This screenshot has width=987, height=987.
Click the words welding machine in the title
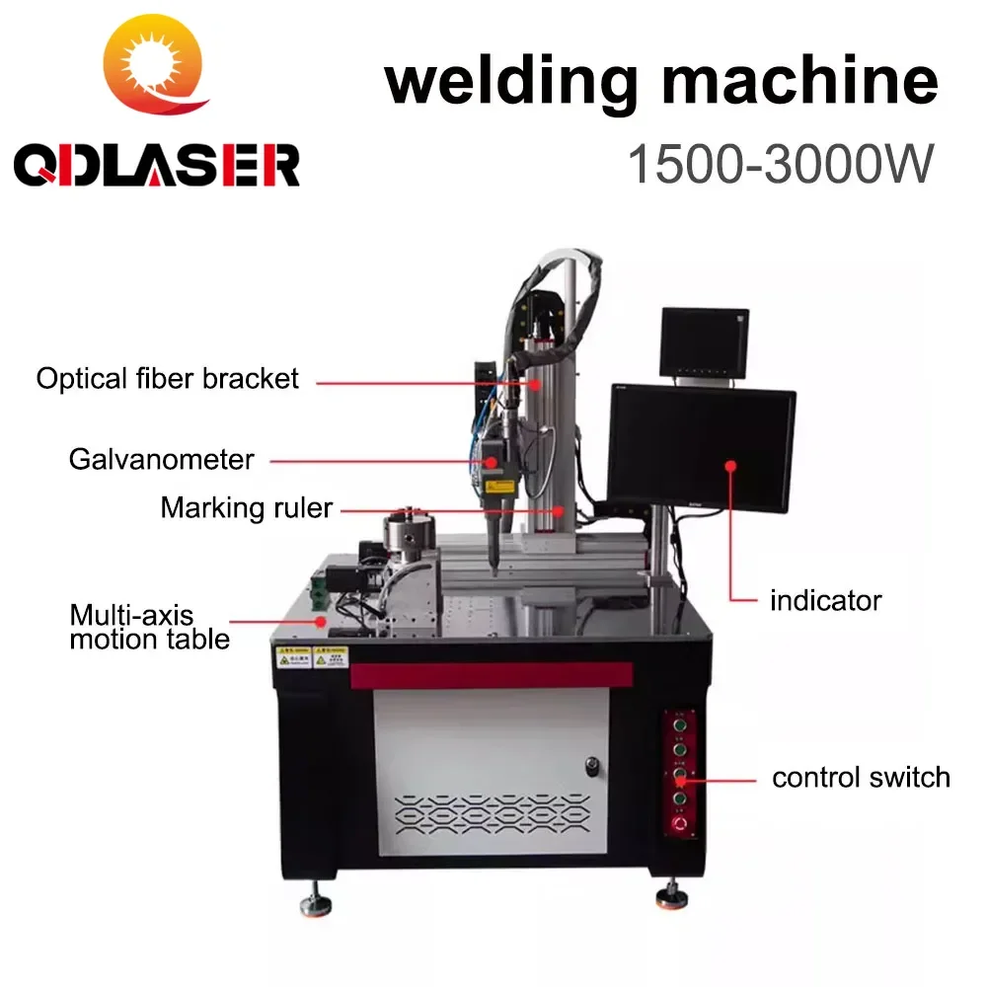661,81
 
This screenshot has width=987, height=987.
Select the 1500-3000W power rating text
780,163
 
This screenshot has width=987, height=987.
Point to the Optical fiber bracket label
167,378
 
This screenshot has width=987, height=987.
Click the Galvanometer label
162,459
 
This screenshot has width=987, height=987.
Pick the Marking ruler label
247,509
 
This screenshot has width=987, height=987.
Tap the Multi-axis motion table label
149,627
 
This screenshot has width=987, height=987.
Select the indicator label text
825,599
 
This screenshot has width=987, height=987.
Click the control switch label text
861,777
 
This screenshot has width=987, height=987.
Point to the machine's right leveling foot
670,897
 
